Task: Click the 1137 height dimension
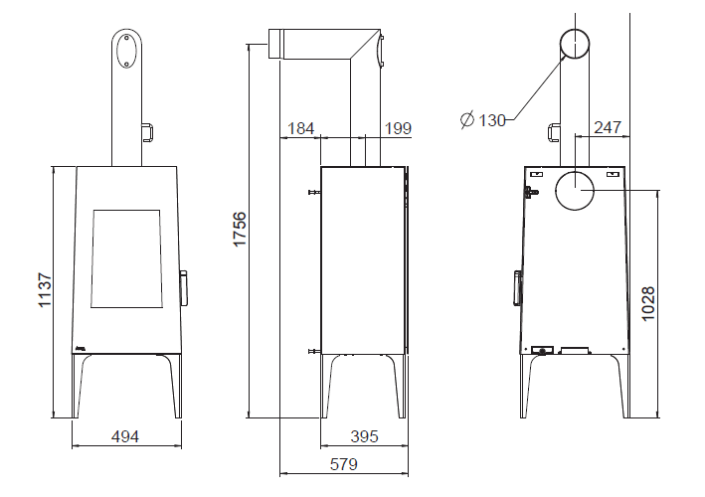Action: pos(45,290)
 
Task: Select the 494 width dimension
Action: pos(125,436)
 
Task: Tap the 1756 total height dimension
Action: pos(240,230)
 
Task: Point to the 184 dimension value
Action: pos(300,128)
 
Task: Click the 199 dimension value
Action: pos(398,128)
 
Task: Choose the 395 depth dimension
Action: pos(364,436)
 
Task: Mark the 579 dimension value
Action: pos(343,464)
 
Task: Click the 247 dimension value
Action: pos(608,127)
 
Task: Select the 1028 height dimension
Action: pos(648,304)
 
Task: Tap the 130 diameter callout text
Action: pos(492,120)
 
